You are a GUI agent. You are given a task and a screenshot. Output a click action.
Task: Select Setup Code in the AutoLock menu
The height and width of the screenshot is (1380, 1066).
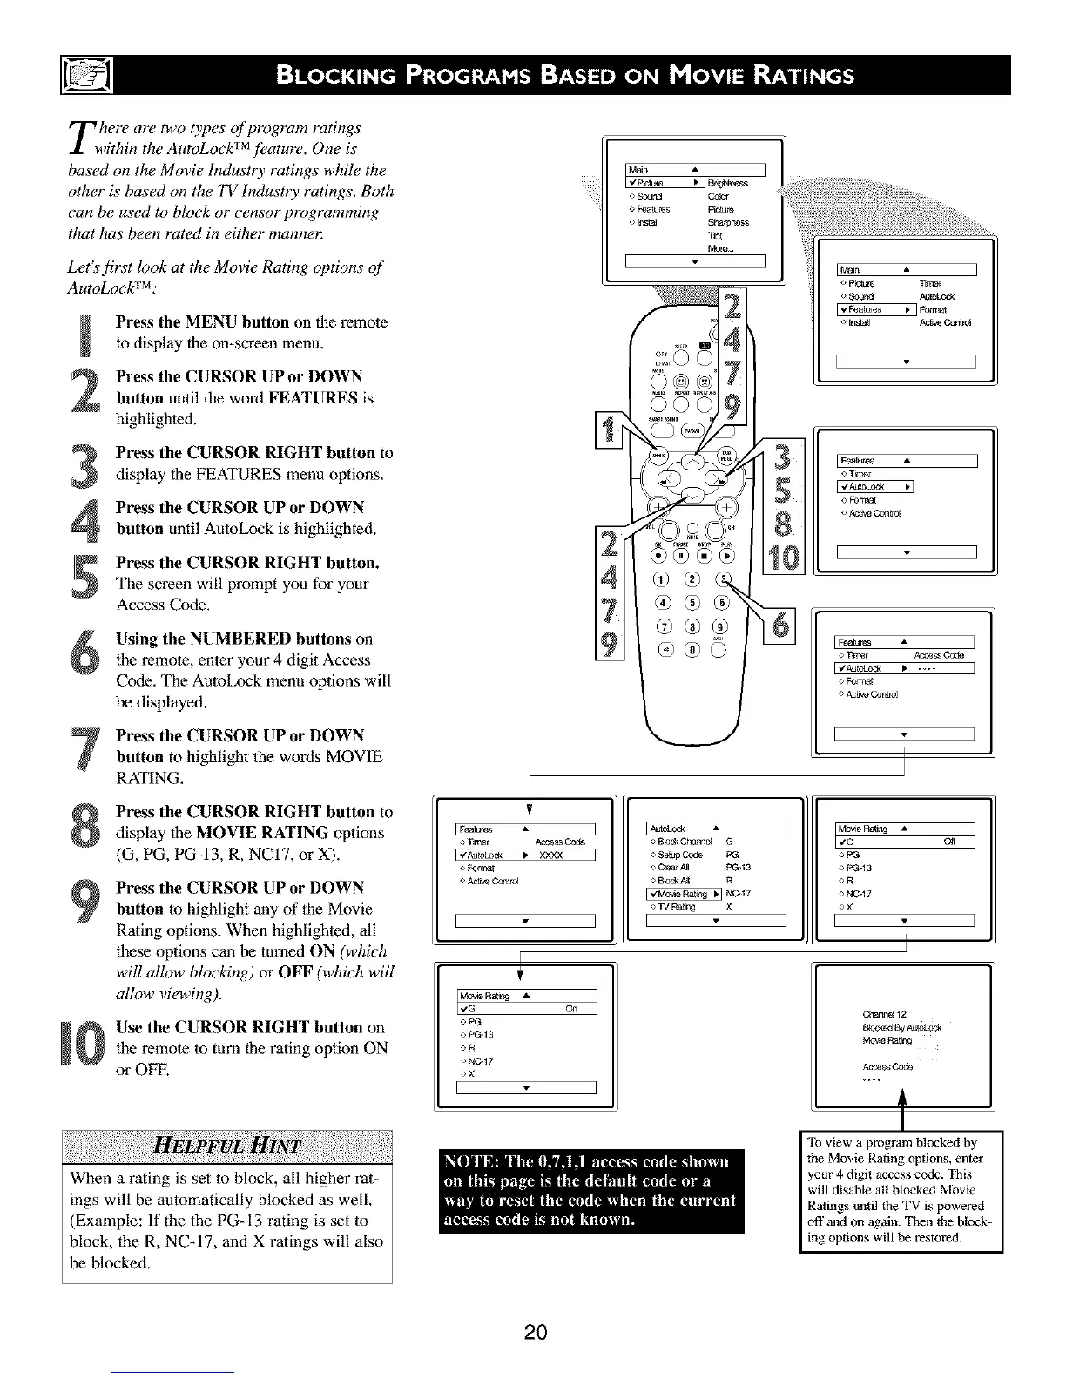tap(679, 855)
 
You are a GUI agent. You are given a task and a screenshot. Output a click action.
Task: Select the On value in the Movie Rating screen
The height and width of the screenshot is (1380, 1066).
tap(571, 1009)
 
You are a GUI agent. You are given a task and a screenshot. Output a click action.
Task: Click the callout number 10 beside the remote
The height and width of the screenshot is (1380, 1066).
tap(785, 555)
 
